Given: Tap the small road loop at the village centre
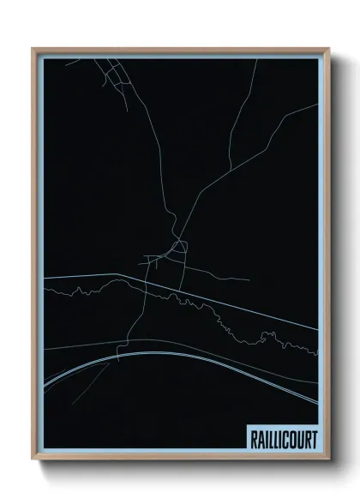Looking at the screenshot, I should (179, 249).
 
